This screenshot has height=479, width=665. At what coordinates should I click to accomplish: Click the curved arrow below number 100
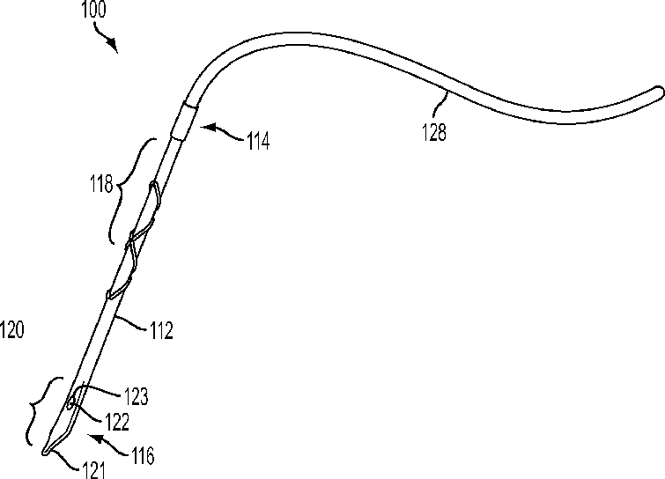107,40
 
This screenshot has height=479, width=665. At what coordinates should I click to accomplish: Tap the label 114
257,140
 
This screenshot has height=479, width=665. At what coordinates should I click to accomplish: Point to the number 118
101,185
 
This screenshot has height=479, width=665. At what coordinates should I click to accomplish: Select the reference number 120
12,330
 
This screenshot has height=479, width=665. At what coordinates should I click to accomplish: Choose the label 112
160,330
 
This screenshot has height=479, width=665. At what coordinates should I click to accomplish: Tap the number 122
116,422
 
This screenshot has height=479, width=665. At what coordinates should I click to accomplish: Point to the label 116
141,456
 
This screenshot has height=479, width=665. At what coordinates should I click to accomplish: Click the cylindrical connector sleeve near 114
182,120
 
